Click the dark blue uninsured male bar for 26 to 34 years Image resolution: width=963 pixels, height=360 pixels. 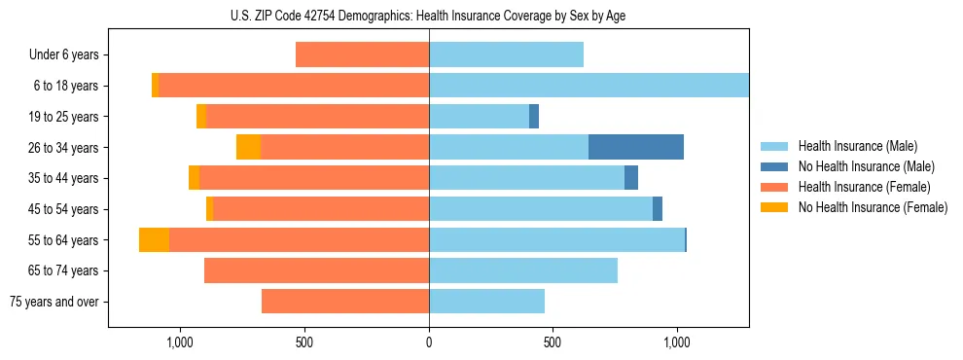click(636, 147)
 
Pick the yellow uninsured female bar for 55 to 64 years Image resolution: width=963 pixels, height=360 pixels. click(154, 240)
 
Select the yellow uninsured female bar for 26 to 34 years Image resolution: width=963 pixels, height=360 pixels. click(248, 147)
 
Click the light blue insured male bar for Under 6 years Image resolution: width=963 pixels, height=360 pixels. click(506, 55)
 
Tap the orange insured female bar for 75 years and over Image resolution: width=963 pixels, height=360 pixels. click(345, 302)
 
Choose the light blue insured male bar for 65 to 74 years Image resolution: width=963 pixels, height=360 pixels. click(523, 270)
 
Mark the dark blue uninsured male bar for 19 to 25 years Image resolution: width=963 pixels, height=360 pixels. click(534, 117)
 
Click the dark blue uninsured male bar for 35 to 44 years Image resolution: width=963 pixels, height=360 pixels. click(631, 178)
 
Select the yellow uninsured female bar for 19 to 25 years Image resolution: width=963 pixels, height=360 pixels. click(201, 117)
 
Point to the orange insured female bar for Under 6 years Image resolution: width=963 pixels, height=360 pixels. click(362, 55)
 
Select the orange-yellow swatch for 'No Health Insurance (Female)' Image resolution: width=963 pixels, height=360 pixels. click(774, 207)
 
